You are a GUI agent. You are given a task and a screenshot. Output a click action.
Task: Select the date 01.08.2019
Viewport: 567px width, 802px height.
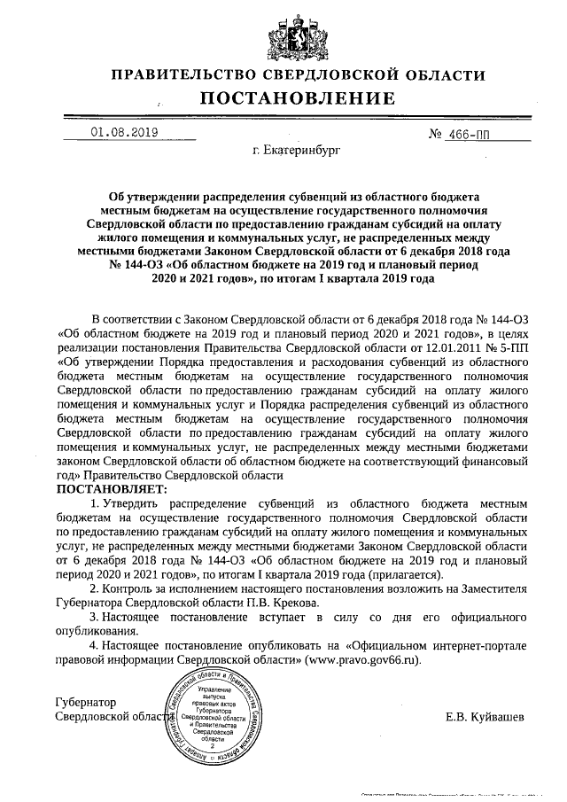(123, 134)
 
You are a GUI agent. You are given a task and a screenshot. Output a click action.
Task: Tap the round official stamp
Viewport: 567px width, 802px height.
(215, 717)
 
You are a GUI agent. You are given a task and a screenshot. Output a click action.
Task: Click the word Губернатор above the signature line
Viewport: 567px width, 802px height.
(86, 703)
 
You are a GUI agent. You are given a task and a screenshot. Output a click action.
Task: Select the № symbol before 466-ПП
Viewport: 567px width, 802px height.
(436, 135)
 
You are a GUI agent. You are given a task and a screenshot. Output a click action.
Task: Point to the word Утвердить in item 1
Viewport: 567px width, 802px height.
(138, 503)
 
